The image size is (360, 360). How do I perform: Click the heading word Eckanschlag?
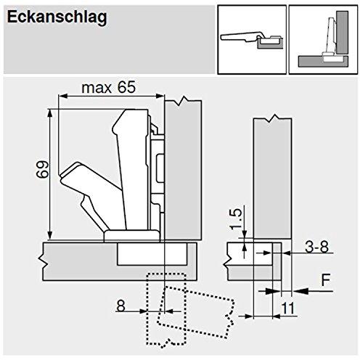point(57,18)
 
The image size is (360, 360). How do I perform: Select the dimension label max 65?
point(109,88)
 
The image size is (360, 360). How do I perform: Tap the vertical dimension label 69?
point(43,169)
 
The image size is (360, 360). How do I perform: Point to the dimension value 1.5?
point(235,219)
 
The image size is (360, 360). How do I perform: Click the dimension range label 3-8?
point(316,247)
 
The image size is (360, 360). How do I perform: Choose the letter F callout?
point(326,279)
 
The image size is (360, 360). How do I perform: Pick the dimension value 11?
point(288,308)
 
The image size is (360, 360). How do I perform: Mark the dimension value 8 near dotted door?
point(120,306)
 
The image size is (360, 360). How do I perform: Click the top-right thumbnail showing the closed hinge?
point(323,40)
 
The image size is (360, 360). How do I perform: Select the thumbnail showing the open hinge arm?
point(252,40)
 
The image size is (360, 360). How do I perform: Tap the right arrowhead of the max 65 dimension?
point(160,97)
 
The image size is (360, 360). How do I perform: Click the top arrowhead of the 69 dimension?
point(50,114)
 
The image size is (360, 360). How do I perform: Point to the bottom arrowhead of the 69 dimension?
point(50,236)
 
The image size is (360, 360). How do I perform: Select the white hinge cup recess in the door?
point(152,254)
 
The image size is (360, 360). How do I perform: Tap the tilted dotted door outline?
point(196,312)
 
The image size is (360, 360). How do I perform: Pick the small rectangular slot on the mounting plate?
point(160,168)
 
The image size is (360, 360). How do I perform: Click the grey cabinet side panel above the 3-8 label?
point(272,178)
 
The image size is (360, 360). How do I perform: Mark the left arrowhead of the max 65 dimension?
point(63,97)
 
